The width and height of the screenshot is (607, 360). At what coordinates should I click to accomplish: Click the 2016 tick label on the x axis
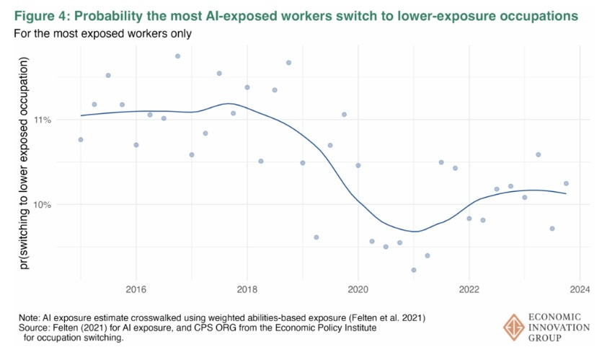(136, 290)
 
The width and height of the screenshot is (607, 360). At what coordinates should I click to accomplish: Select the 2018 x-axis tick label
(247, 290)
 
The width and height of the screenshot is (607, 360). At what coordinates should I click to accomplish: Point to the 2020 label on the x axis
(358, 290)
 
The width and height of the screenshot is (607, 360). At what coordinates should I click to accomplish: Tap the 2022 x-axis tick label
(469, 290)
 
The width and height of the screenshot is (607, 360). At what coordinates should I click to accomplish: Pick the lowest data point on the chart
(414, 270)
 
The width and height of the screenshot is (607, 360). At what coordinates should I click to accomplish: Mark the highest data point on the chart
(177, 56)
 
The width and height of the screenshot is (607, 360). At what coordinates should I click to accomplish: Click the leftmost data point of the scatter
(81, 139)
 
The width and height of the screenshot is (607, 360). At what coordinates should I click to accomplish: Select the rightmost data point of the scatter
(566, 183)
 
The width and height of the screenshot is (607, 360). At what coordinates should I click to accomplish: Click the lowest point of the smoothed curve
(414, 232)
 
